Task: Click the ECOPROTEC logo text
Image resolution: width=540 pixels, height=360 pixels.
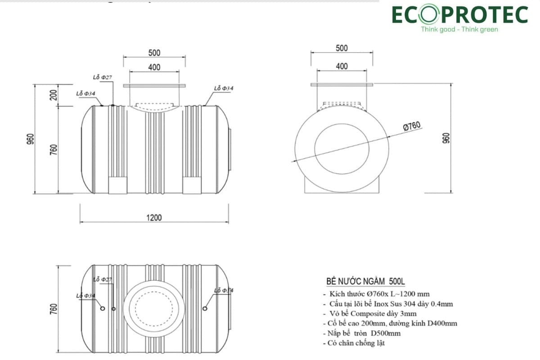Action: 459,14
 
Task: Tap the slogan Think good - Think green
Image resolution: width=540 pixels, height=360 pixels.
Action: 459,29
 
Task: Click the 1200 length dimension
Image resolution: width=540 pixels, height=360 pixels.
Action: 153,217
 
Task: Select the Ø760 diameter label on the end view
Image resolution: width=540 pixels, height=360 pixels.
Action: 412,127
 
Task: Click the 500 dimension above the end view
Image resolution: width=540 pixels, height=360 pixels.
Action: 342,48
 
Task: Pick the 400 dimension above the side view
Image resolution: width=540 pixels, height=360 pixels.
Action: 154,67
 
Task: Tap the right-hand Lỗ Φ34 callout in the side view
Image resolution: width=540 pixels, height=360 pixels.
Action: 224,88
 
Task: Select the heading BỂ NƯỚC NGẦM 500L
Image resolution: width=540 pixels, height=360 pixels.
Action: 365,282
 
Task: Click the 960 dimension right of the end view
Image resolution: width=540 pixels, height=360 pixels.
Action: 446,138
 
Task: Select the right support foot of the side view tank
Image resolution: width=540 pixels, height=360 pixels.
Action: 191,185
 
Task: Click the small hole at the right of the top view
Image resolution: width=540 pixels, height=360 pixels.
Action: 205,308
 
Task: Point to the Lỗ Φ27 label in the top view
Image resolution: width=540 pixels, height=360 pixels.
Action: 102,279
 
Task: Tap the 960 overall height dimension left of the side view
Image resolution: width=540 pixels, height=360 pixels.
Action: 30,139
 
